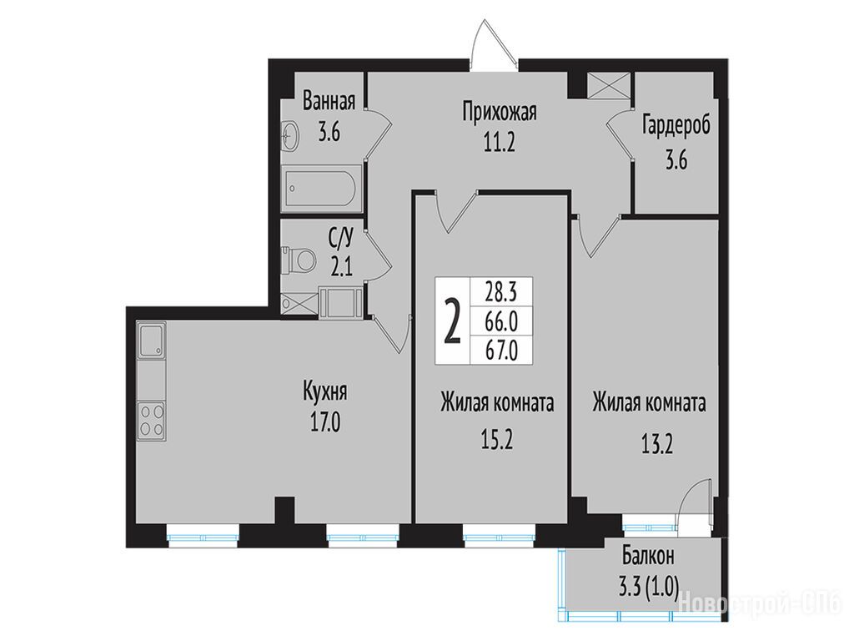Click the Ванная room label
329,101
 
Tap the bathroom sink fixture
290,136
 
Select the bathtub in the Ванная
321,189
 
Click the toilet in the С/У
299,259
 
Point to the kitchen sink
152,341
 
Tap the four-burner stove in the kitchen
152,420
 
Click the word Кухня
325,392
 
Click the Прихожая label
500,113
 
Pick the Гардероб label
676,126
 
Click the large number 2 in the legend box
453,322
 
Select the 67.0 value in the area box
501,350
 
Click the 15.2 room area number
497,439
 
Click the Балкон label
648,557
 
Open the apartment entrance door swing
494,45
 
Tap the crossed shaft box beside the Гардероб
610,85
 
